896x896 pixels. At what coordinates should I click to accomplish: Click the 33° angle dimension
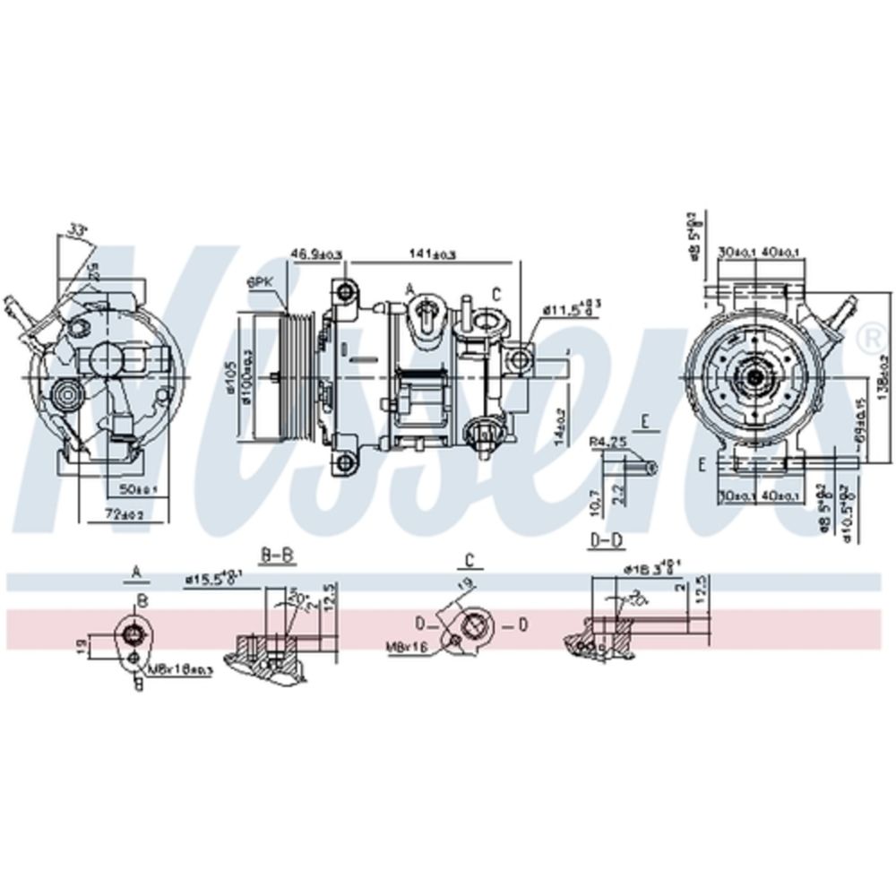coord(80,231)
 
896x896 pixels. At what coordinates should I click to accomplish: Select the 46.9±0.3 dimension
coord(316,255)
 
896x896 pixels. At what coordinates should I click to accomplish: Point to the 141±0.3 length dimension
coord(433,254)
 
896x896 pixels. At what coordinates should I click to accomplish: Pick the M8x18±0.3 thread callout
coord(180,670)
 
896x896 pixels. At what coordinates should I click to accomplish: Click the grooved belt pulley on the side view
coord(290,375)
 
